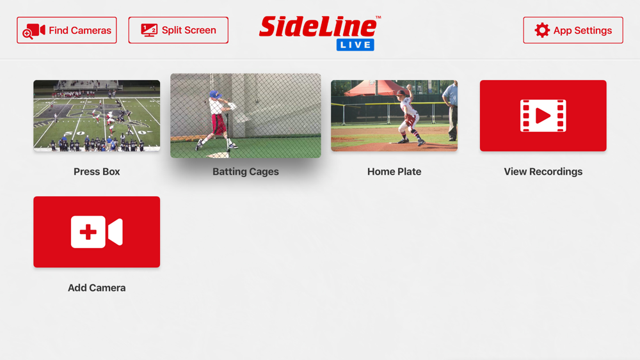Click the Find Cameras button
pyautogui.click(x=67, y=30)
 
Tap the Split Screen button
pyautogui.click(x=179, y=30)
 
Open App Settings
pyautogui.click(x=573, y=30)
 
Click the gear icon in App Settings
pyautogui.click(x=542, y=30)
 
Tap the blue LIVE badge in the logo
pyautogui.click(x=355, y=45)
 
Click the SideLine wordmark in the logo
pyautogui.click(x=318, y=27)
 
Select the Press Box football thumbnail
pyautogui.click(x=97, y=115)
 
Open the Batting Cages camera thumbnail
pyautogui.click(x=246, y=115)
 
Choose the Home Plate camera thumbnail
pyautogui.click(x=394, y=115)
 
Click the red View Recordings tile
pyautogui.click(x=543, y=115)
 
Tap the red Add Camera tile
pyautogui.click(x=97, y=232)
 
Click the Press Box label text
pyautogui.click(x=97, y=171)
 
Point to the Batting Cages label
pyautogui.click(x=246, y=171)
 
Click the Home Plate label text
pyautogui.click(x=394, y=171)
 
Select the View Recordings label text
pyautogui.click(x=543, y=171)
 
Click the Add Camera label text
pyautogui.click(x=97, y=288)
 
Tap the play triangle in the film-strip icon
pyautogui.click(x=543, y=116)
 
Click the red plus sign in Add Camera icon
pyautogui.click(x=88, y=232)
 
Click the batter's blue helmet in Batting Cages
pyautogui.click(x=214, y=95)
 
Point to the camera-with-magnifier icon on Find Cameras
pyautogui.click(x=33, y=31)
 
